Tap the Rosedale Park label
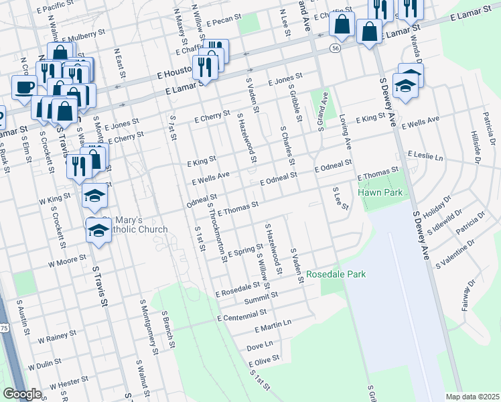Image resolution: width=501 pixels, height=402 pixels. point(336,275)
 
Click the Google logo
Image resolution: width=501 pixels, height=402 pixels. point(22,394)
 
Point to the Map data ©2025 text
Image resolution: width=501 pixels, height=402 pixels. point(473,397)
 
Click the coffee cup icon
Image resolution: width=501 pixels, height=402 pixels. point(24,87)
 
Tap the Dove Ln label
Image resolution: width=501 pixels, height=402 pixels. point(261,346)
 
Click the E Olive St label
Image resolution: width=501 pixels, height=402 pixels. point(263,362)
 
